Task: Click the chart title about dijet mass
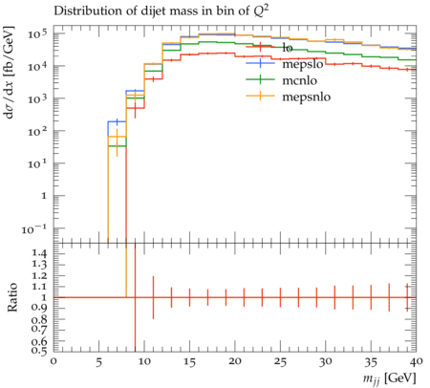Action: coord(161,11)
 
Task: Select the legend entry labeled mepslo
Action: coord(285,64)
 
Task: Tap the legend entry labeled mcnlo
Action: coord(282,80)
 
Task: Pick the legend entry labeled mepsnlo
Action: coord(289,97)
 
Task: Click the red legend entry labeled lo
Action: coord(269,48)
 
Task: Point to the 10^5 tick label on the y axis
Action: coord(37,33)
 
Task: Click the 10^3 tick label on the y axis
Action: coord(37,98)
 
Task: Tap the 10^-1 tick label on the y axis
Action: coord(34,228)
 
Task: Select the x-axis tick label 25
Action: coord(281,362)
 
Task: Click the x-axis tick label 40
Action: coord(416,362)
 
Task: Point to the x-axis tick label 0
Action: coord(54,362)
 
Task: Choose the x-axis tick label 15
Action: coord(190,362)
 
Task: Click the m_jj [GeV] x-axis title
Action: coord(389,378)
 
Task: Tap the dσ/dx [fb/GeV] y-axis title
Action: coord(10,73)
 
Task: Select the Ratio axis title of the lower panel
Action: coord(11,297)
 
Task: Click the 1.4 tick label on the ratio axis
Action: coord(39,253)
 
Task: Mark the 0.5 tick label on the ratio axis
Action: coord(39,351)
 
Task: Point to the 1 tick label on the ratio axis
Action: coord(44,297)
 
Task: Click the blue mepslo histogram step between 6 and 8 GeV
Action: coord(117,121)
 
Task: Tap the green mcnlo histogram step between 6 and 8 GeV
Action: coord(117,146)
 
